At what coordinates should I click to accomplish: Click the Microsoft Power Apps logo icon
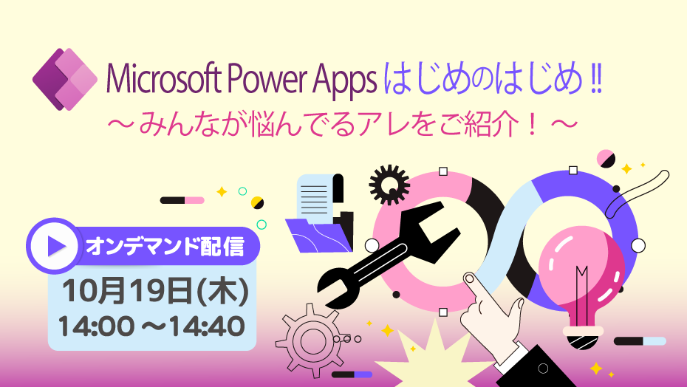[x=65, y=79]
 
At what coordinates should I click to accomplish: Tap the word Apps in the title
[x=344, y=81]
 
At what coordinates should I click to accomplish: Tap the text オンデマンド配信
[x=165, y=247]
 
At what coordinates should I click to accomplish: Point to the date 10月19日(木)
[x=155, y=292]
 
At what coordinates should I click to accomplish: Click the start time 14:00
[x=96, y=326]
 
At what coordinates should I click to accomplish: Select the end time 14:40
[x=207, y=326]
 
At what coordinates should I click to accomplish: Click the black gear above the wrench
[x=389, y=185]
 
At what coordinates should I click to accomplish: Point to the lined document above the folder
[x=316, y=196]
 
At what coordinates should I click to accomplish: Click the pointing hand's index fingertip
[x=470, y=278]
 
